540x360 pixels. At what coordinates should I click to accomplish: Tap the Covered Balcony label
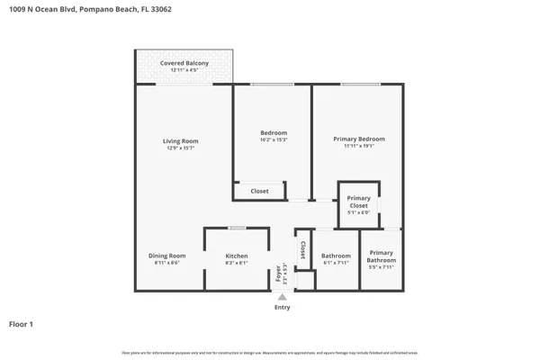[184, 63]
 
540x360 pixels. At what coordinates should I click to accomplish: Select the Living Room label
[180, 141]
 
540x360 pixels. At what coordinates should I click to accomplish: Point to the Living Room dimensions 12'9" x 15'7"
[180, 148]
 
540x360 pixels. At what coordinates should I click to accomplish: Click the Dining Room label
[166, 256]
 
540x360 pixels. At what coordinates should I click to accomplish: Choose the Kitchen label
[236, 256]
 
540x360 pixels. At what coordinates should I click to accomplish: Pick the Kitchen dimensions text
[236, 263]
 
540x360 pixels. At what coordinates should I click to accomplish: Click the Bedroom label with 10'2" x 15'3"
[273, 133]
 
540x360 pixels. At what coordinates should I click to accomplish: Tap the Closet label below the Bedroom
[259, 191]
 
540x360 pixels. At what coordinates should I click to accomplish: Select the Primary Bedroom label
[358, 139]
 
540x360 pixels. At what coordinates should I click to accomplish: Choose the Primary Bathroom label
[382, 256]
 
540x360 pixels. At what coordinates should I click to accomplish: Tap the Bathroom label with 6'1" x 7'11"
[336, 256]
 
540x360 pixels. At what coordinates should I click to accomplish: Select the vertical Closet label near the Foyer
[303, 249]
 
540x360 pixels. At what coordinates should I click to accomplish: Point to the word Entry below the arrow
[282, 307]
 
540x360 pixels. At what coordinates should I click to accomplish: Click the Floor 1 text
[22, 324]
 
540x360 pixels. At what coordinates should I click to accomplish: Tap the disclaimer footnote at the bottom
[270, 352]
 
